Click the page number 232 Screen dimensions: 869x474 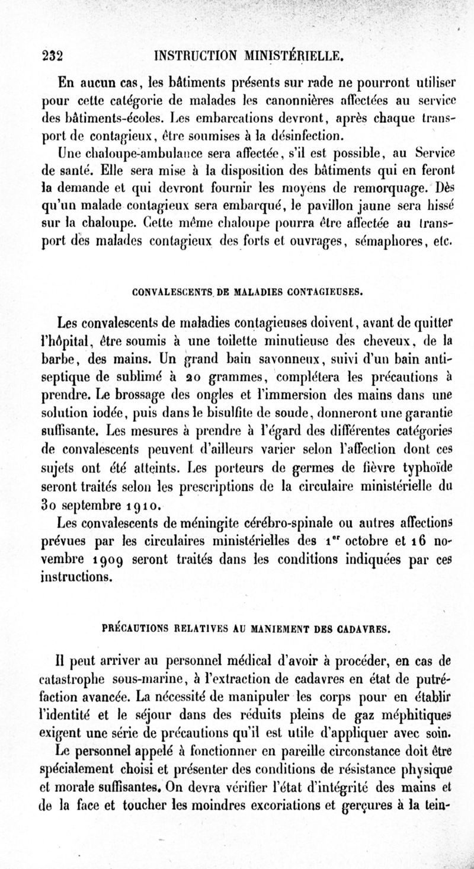tap(52, 56)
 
